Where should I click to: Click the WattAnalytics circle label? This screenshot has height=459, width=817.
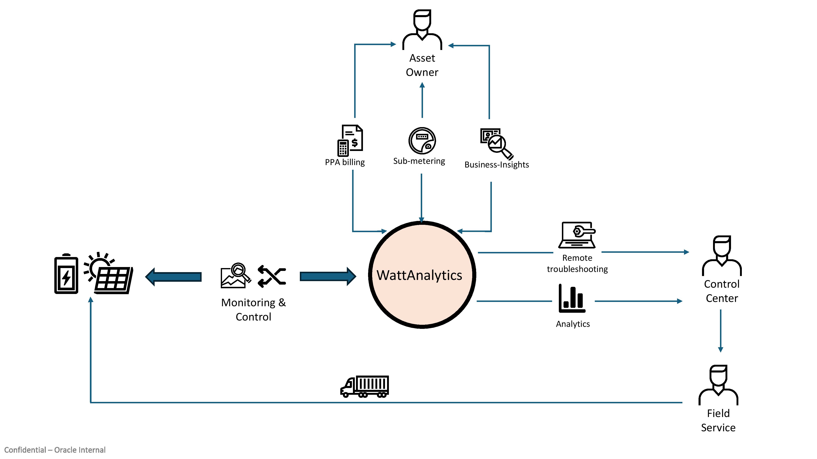pyautogui.click(x=419, y=275)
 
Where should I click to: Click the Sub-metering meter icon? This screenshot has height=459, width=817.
pyautogui.click(x=422, y=141)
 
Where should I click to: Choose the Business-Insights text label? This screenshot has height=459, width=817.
pyautogui.click(x=497, y=165)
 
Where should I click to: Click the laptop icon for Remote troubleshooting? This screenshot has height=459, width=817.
pyautogui.click(x=577, y=235)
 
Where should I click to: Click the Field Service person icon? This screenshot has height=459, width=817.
pyautogui.click(x=718, y=385)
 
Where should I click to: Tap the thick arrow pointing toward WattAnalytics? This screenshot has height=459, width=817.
pyautogui.click(x=328, y=277)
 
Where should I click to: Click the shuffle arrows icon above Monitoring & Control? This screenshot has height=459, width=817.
pyautogui.click(x=272, y=277)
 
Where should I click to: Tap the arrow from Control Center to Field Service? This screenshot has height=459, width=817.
pyautogui.click(x=721, y=331)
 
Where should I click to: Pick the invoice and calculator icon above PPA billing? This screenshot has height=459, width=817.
pyautogui.click(x=350, y=141)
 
